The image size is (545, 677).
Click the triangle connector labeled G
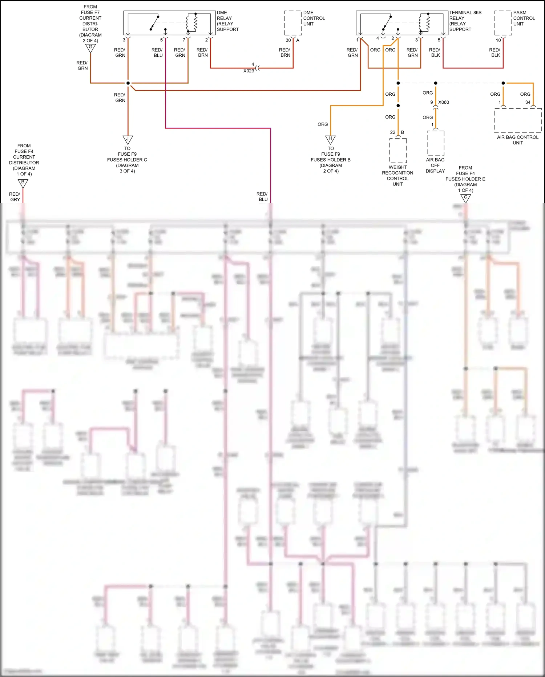(90, 48)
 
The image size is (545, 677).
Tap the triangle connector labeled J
(128, 139)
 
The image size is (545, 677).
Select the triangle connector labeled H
(330, 139)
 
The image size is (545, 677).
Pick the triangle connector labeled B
(23, 183)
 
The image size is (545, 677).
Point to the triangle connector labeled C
(465, 198)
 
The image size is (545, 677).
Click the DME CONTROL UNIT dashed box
(293, 23)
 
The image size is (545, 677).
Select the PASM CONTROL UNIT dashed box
(503, 23)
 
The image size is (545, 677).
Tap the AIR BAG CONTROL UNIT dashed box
(518, 120)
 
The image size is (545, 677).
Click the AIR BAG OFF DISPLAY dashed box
(435, 143)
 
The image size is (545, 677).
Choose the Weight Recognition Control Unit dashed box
(398, 150)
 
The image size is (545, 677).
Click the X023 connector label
(249, 71)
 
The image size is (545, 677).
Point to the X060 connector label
(444, 102)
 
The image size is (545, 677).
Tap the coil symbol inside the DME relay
(195, 23)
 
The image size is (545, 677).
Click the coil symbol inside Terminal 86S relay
(428, 23)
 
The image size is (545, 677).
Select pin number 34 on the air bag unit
(528, 102)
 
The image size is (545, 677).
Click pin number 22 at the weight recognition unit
(392, 132)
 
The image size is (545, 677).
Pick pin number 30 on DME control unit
(288, 40)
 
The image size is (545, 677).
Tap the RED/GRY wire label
(15, 197)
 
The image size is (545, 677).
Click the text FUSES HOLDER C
(127, 160)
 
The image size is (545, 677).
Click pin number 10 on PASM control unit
(498, 40)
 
